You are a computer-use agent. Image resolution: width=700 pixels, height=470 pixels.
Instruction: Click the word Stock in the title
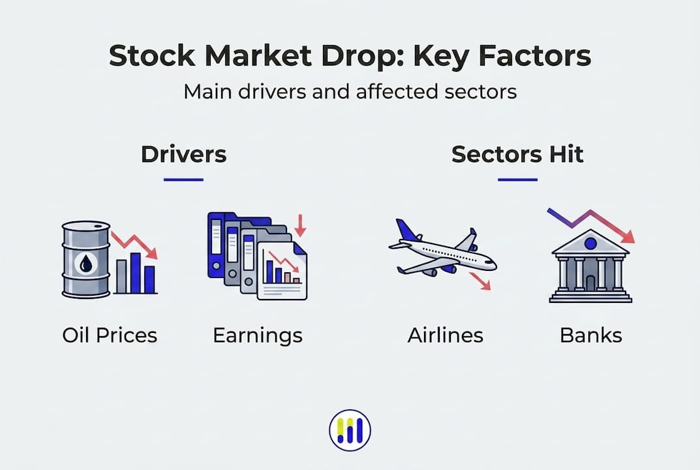[152, 55]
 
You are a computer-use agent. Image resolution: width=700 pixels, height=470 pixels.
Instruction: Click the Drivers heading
[183, 154]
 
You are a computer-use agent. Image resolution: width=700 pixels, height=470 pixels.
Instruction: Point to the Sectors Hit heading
[517, 154]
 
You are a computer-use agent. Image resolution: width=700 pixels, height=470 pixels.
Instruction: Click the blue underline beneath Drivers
[183, 180]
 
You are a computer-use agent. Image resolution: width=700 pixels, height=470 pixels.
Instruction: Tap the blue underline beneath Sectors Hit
[517, 180]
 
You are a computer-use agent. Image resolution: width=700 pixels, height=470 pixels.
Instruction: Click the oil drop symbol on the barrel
[86, 263]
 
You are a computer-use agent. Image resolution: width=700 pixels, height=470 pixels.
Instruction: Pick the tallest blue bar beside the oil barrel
[135, 273]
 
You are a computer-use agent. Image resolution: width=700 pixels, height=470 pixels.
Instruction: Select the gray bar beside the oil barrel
[121, 277]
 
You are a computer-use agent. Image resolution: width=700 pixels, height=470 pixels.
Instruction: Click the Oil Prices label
[110, 336]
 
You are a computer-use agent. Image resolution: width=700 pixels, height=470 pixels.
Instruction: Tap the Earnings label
[258, 336]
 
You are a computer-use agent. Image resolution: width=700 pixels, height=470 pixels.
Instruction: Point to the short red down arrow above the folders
[301, 226]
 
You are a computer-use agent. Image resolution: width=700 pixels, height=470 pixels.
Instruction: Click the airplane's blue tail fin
[407, 230]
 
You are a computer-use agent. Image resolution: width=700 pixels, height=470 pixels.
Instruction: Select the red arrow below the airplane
[480, 281]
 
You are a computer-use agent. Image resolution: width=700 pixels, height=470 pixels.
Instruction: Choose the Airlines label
[445, 336]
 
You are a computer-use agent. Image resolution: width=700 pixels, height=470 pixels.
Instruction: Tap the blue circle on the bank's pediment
[590, 243]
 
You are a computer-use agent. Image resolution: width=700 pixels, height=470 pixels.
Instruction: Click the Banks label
[591, 336]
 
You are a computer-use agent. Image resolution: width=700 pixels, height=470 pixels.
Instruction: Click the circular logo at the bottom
[350, 430]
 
